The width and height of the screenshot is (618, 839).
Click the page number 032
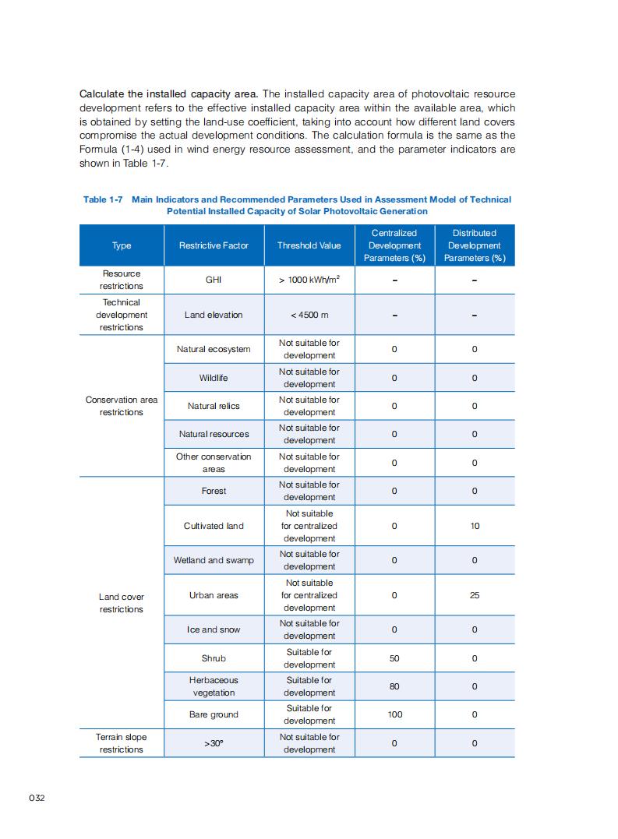pyautogui.click(x=37, y=798)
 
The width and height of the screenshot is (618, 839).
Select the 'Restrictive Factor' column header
pyautogui.click(x=214, y=245)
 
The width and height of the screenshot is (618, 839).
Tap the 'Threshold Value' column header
pyautogui.click(x=309, y=245)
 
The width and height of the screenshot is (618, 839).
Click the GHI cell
pyautogui.click(x=214, y=280)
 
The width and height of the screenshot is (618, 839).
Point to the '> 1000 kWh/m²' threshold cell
pyautogui.click(x=309, y=280)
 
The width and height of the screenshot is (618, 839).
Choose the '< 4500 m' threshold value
pyautogui.click(x=309, y=315)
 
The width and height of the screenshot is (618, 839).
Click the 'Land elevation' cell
pyautogui.click(x=214, y=315)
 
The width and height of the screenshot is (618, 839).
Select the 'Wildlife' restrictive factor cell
pyautogui.click(x=214, y=378)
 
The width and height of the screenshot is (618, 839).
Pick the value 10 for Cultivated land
pyautogui.click(x=475, y=526)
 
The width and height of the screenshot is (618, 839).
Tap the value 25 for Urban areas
pyautogui.click(x=475, y=595)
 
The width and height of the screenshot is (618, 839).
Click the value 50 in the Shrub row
pyautogui.click(x=394, y=658)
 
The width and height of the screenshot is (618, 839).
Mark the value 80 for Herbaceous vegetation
pyautogui.click(x=394, y=686)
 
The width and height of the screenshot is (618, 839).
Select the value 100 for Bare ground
pyautogui.click(x=394, y=714)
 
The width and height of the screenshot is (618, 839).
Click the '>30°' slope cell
pyautogui.click(x=214, y=743)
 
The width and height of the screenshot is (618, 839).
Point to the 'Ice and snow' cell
pyautogui.click(x=214, y=629)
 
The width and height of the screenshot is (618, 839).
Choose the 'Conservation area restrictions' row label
pyautogui.click(x=122, y=406)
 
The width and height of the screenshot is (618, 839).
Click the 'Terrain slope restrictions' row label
pyautogui.click(x=122, y=743)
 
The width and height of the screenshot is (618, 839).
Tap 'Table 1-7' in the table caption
pyautogui.click(x=103, y=199)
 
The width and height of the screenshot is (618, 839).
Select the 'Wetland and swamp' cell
pyautogui.click(x=214, y=560)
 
